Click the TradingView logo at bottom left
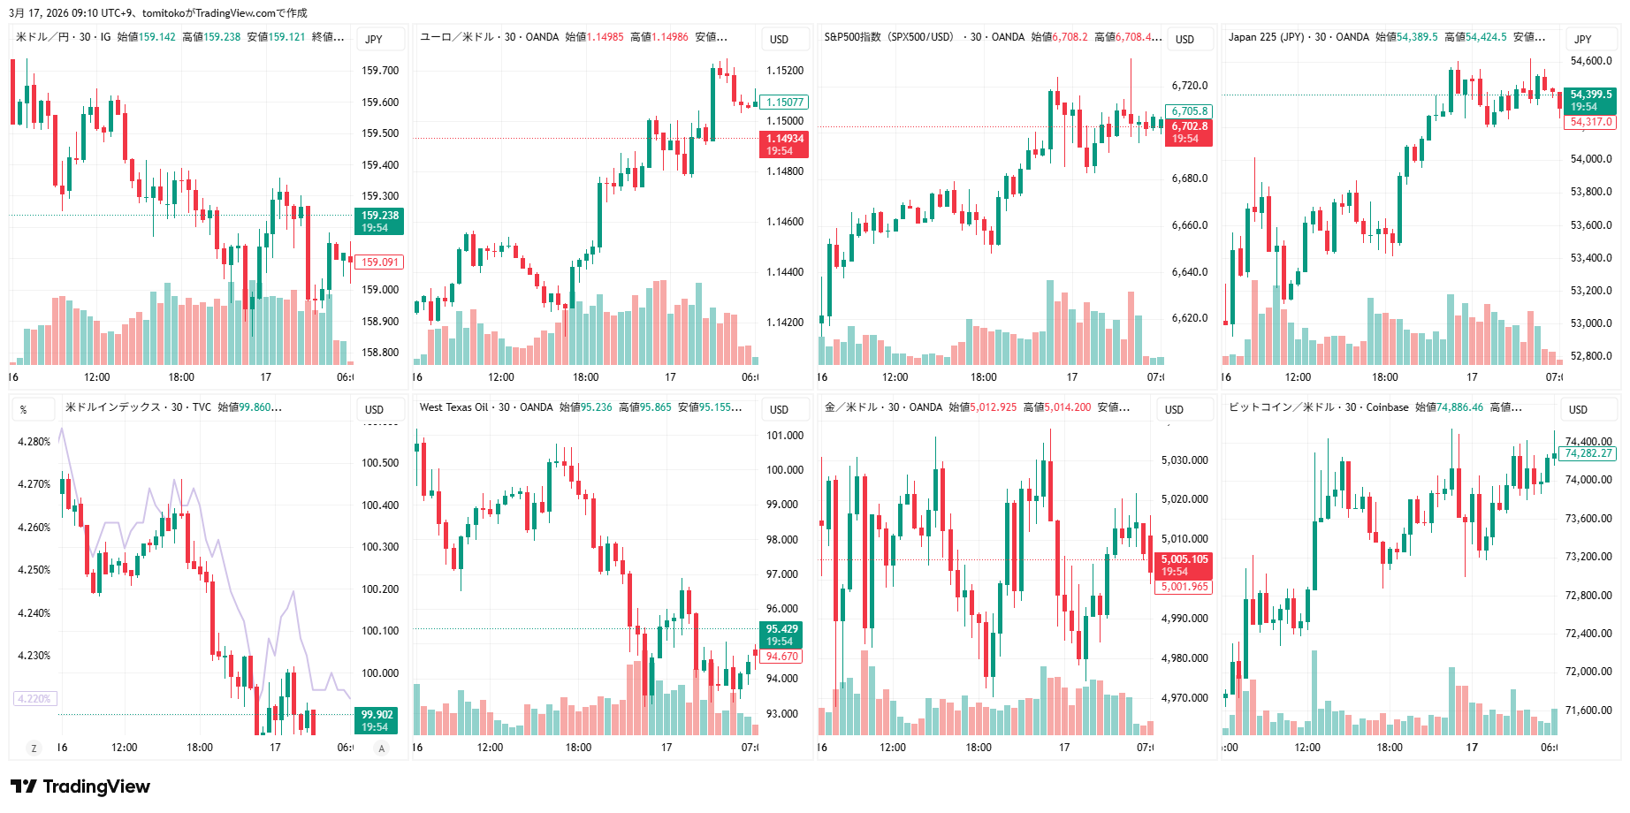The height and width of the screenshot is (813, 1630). coord(80,786)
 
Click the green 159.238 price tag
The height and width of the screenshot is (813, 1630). coord(380,221)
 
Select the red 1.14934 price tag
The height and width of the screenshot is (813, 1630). coord(784,144)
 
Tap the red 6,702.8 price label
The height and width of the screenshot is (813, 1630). coord(1190,132)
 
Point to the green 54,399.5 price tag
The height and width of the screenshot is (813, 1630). coord(1590,100)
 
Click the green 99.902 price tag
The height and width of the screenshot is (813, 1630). coord(377,720)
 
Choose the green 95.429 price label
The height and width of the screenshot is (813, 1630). coord(781,634)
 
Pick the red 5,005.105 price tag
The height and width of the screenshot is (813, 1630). coord(1184,565)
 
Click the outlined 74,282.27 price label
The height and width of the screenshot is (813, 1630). coord(1588,453)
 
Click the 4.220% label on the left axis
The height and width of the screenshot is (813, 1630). coord(34,698)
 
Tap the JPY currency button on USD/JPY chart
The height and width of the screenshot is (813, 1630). coord(374,39)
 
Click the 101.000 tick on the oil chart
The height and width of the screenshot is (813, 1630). coord(784,435)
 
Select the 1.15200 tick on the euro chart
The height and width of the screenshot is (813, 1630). coord(784,71)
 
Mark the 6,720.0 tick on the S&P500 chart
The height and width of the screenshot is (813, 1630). coord(1189,86)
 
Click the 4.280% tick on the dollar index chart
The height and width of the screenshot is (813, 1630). coord(34,442)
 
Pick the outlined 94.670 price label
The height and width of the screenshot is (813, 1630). coord(781,656)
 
